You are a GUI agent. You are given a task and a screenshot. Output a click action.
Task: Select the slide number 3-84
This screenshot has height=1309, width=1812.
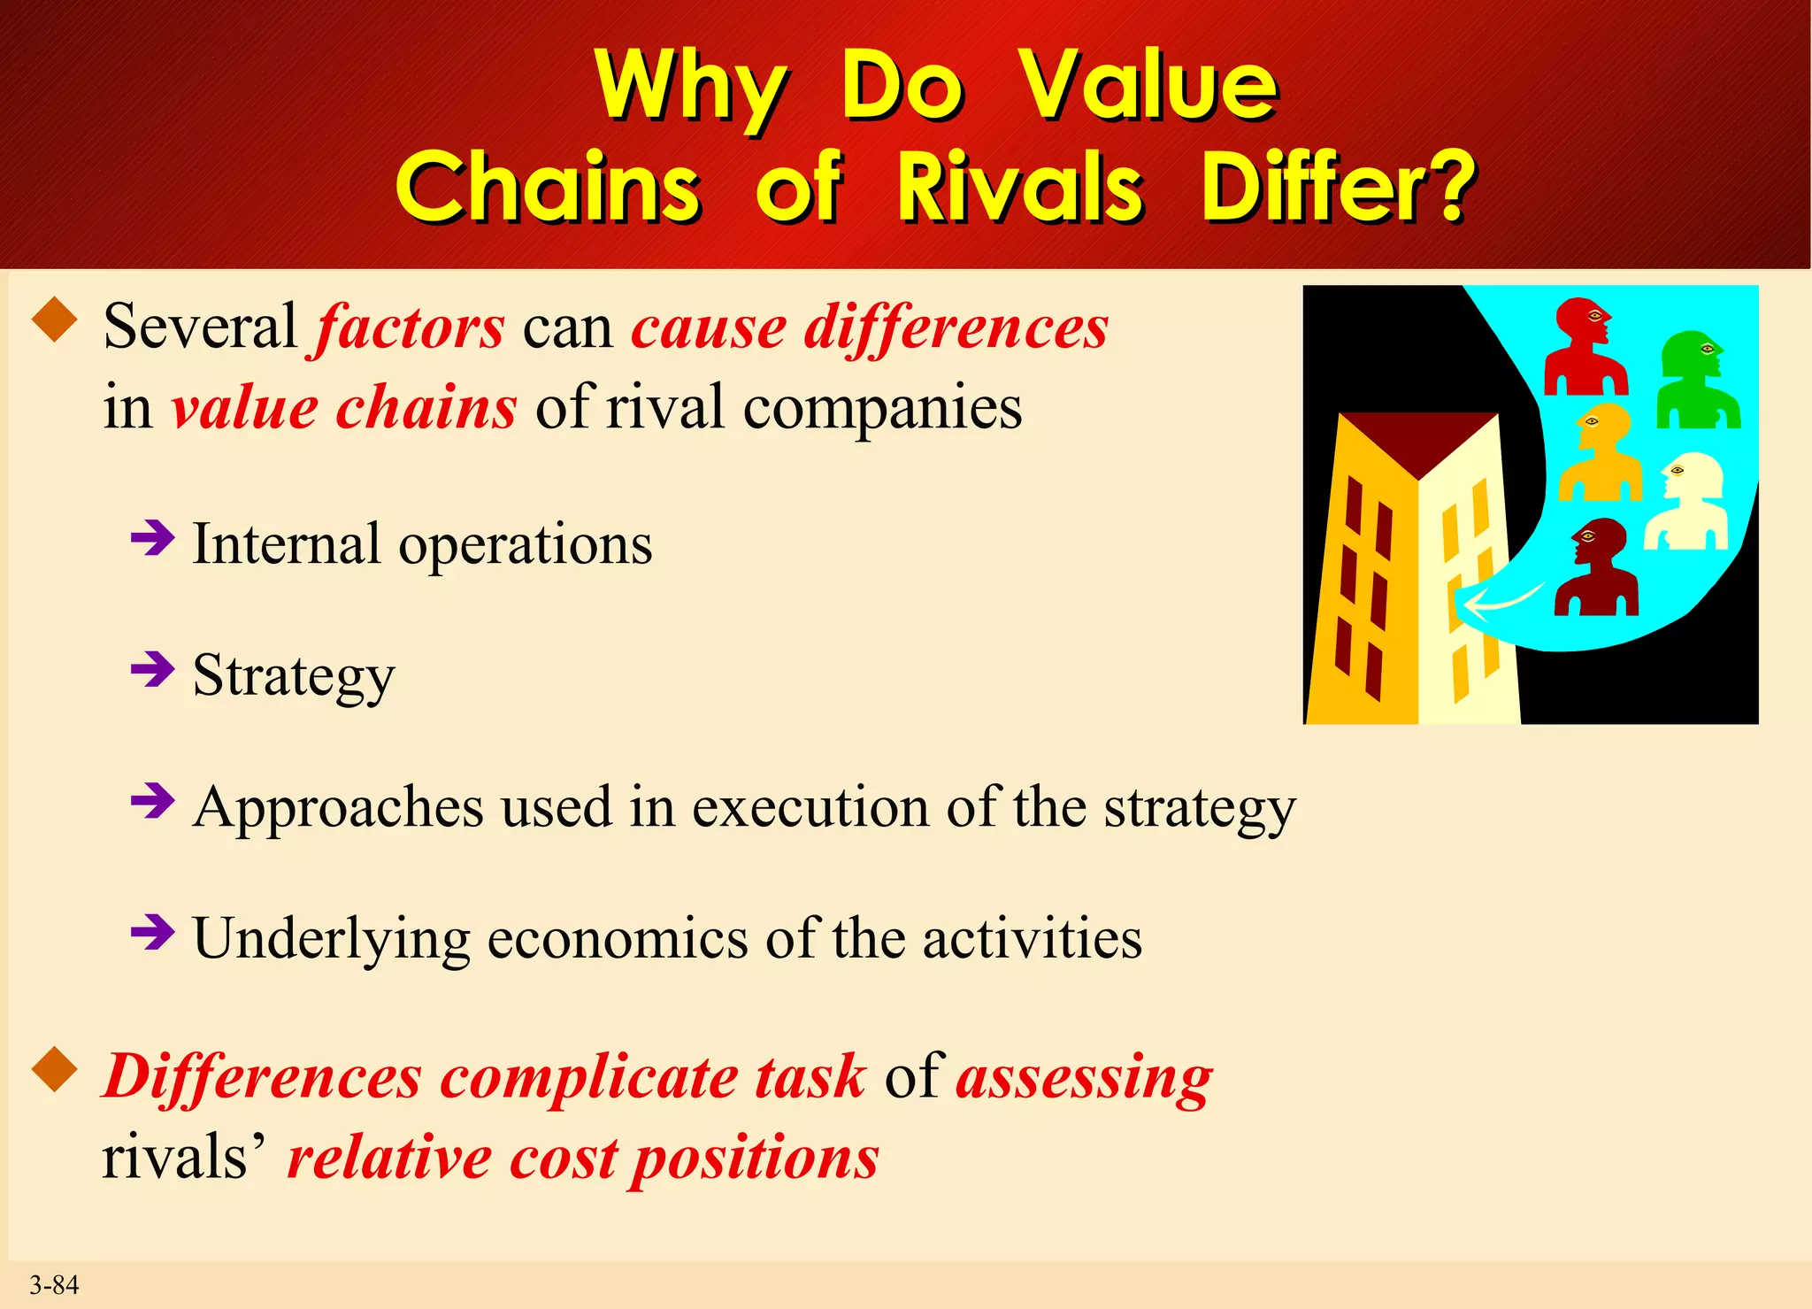coord(54,1284)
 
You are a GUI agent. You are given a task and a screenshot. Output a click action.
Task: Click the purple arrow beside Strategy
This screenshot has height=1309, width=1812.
coord(153,670)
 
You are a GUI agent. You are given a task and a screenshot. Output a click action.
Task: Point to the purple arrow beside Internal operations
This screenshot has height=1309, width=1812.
coord(153,537)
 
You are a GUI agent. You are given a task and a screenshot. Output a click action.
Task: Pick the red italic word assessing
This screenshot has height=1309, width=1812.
coord(1084,1078)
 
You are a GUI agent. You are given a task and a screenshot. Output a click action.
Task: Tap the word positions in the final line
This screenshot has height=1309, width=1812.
coord(756,1159)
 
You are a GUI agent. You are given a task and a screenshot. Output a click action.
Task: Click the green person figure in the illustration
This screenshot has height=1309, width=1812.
coord(1697,381)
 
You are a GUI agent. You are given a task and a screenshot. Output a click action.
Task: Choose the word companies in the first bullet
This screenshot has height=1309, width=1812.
coord(882,408)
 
